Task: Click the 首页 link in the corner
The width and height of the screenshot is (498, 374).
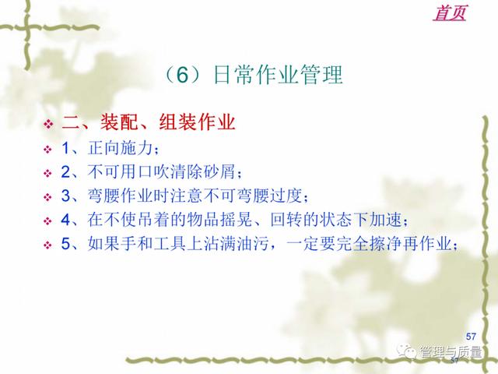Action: pos(450,12)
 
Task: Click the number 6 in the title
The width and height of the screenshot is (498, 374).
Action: pos(183,75)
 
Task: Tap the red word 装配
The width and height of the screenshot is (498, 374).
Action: pos(119,122)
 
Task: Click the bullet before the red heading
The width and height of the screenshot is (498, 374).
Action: pos(48,124)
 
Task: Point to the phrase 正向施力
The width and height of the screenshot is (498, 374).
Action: pos(121,148)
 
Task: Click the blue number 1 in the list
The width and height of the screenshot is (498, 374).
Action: pos(66,148)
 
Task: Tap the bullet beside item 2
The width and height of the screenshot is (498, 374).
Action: pos(48,173)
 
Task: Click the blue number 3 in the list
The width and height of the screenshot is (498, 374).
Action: pos(66,196)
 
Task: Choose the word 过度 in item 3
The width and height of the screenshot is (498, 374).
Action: pos(286,196)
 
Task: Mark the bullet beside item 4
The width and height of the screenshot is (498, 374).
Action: pos(48,221)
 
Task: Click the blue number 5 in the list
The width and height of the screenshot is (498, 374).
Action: pos(66,244)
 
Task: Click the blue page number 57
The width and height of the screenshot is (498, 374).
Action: pos(471,336)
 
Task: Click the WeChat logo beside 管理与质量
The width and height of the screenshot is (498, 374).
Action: pos(407,351)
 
